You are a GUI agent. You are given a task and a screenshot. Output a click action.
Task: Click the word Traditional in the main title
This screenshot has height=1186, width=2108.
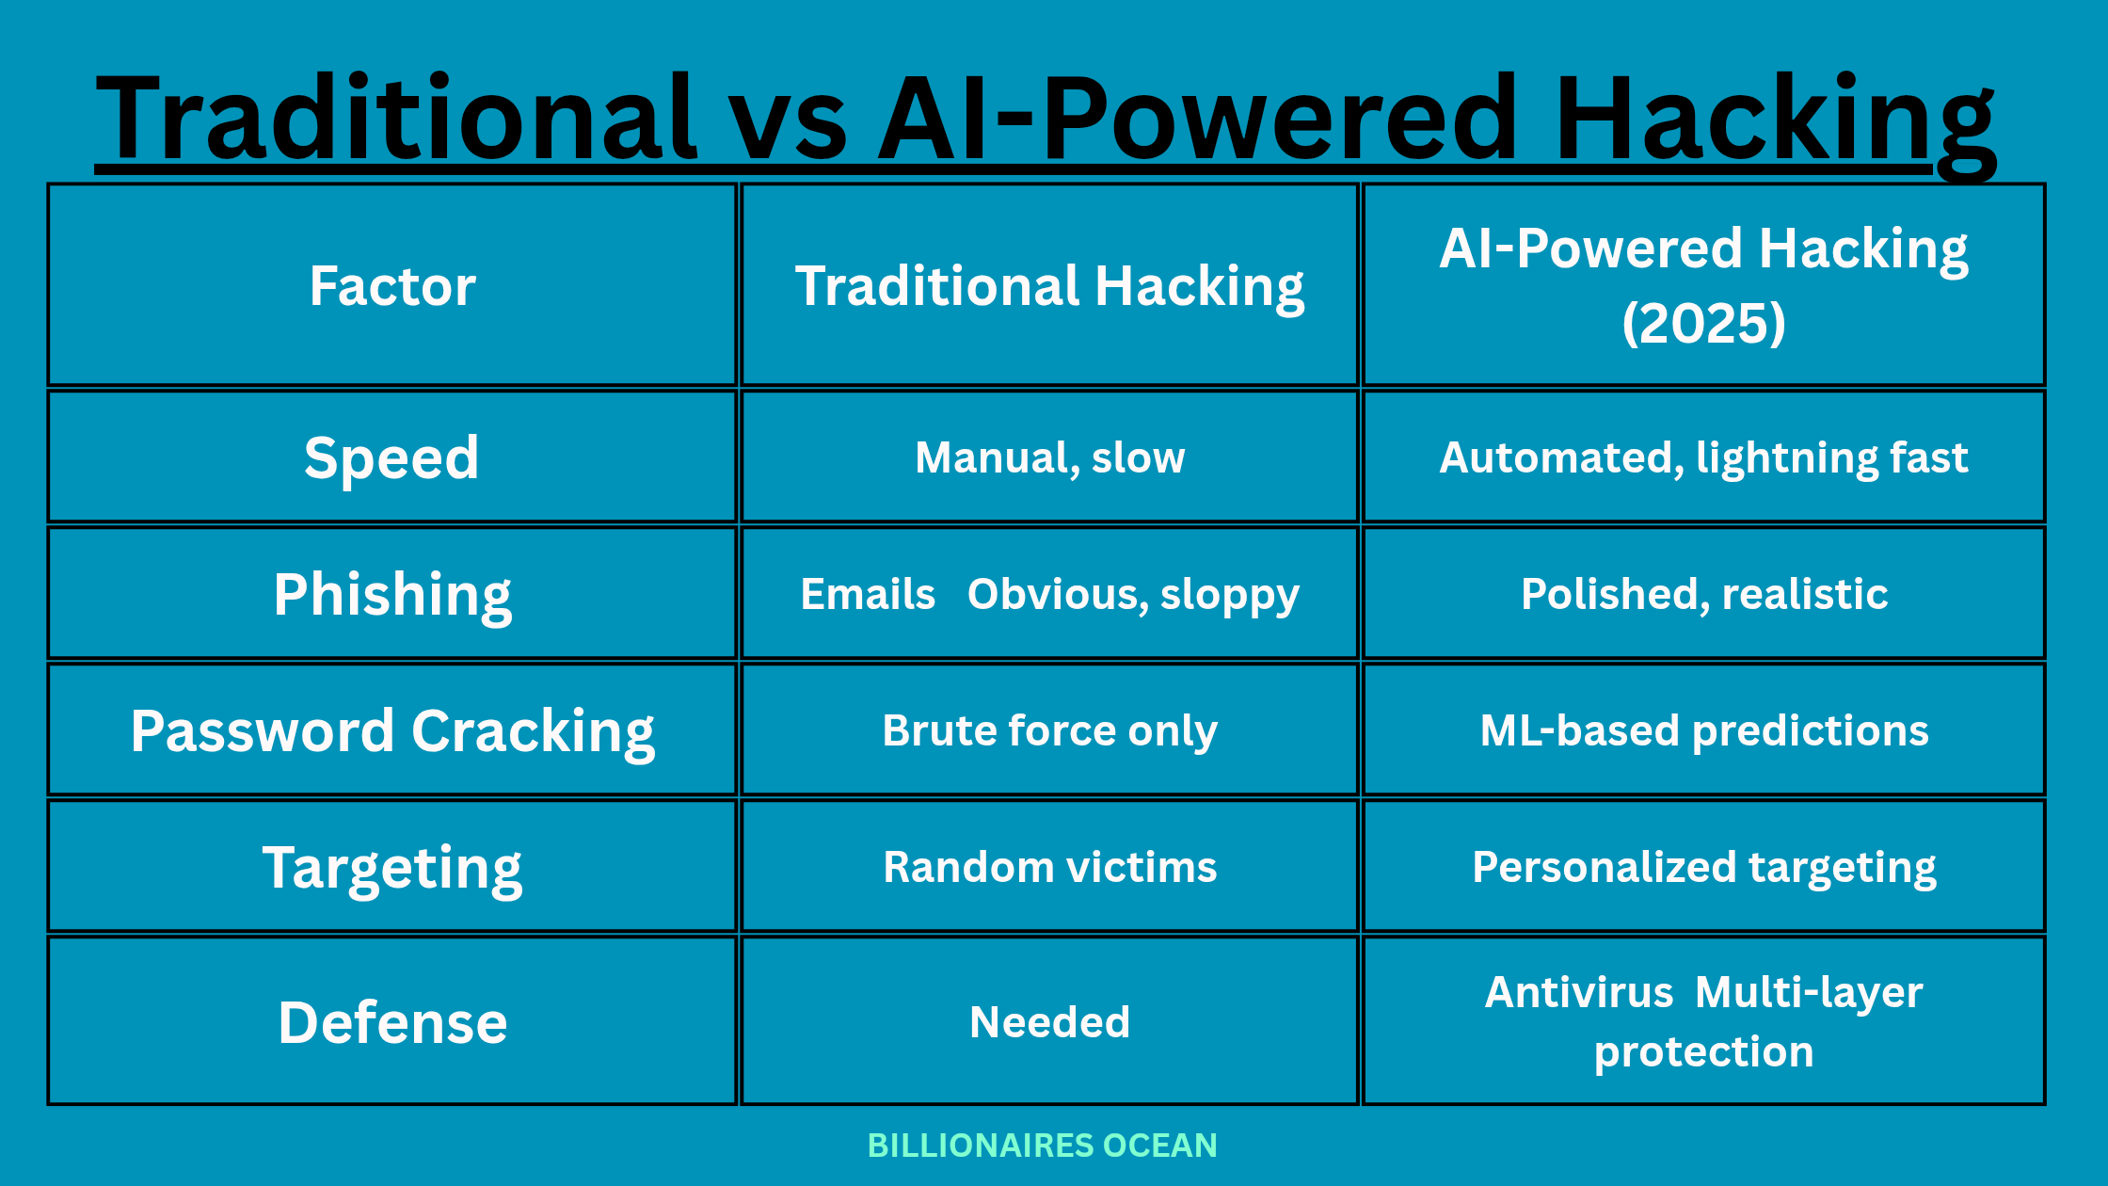[x=396, y=117]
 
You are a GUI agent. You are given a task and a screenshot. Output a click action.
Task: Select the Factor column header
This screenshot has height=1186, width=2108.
[x=392, y=285]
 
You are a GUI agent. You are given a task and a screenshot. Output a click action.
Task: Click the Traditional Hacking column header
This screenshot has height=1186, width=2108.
[x=1049, y=286]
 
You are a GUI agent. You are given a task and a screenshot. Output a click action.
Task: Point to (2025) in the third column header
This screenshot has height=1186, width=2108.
[x=1703, y=323]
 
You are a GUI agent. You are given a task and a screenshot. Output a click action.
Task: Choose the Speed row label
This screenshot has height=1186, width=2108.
[x=392, y=458]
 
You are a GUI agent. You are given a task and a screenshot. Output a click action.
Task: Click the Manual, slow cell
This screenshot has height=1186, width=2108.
[x=1049, y=458]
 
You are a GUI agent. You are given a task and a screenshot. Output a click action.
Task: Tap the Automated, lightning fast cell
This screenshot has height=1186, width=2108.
[x=1703, y=458]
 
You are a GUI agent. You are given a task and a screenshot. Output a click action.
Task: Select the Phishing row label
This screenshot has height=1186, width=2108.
[x=392, y=595]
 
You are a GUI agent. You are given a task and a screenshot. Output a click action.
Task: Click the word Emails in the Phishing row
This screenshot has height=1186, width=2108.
[x=868, y=594]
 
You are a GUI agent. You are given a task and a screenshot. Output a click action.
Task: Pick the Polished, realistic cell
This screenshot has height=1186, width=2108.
[x=1704, y=595]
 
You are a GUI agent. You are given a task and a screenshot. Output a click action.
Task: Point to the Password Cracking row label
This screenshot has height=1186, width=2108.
[x=392, y=731]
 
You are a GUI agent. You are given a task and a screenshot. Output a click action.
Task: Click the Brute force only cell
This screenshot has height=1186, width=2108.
[x=1049, y=731]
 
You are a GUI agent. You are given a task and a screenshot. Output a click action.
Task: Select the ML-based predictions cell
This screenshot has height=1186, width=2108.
[x=1704, y=731]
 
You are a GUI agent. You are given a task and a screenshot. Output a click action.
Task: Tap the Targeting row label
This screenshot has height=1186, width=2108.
[x=392, y=868]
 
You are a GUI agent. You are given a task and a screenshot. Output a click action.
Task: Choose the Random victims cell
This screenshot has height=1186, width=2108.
[x=1049, y=867]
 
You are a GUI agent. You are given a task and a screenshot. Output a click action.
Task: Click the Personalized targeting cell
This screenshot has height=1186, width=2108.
[x=1704, y=868]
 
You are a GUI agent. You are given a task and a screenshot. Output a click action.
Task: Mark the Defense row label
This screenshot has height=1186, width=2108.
[x=392, y=1022]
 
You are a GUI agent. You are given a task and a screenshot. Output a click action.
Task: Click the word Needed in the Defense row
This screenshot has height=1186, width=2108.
[x=1049, y=1022]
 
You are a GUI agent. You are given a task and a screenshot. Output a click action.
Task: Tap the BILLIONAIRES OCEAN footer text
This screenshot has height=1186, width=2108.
[x=1043, y=1146]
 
